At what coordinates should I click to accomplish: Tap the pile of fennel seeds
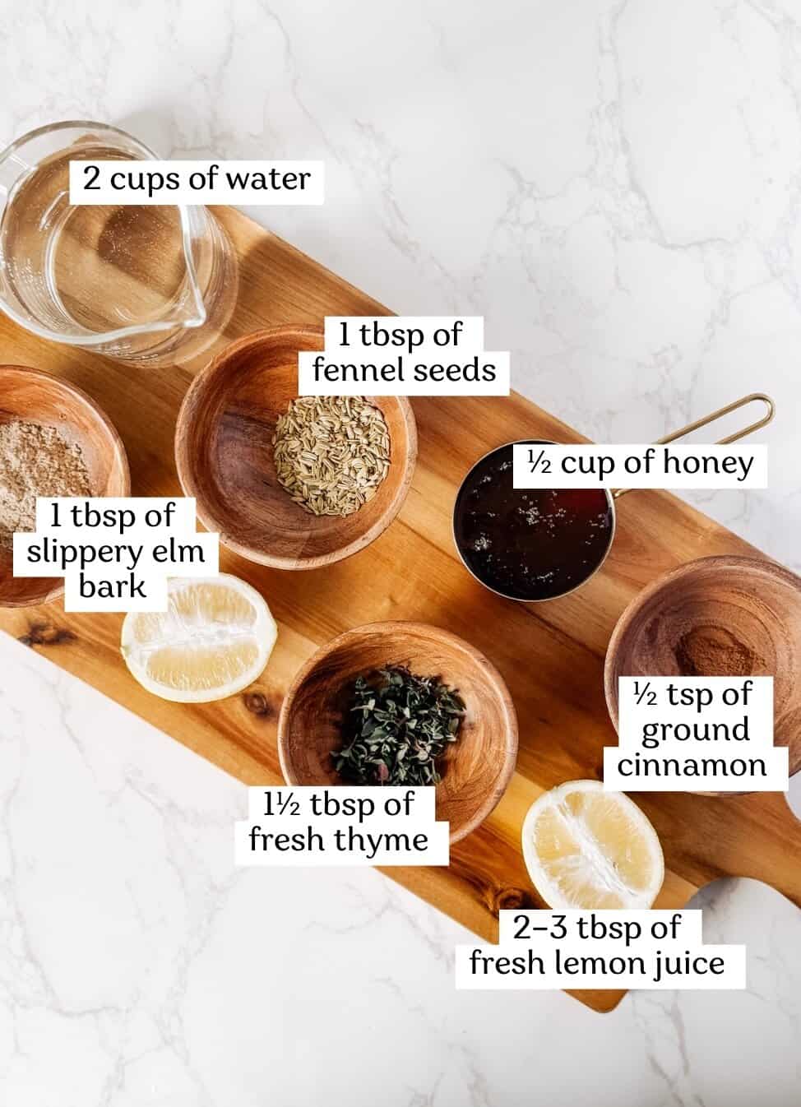point(331,455)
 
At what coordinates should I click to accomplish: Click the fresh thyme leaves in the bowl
point(396,726)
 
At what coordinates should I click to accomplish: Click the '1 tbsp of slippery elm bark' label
point(114,554)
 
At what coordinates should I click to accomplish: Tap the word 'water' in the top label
point(268,179)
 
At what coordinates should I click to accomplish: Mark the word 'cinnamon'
point(692,766)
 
